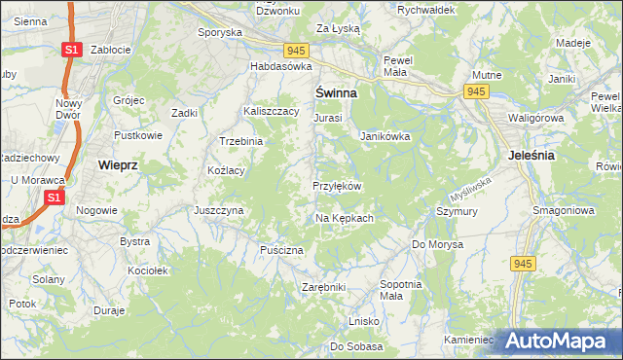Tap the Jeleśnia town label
click(x=531, y=155)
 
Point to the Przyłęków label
click(x=337, y=186)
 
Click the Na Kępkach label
click(x=344, y=218)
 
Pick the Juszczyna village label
click(x=218, y=209)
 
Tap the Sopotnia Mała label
click(x=400, y=289)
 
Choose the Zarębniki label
click(x=324, y=288)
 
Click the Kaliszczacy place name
click(x=271, y=112)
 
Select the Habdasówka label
click(x=280, y=66)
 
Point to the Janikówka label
click(x=385, y=136)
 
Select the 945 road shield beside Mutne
click(x=476, y=90)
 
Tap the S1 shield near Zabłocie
click(x=71, y=48)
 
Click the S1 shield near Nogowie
click(x=55, y=198)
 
